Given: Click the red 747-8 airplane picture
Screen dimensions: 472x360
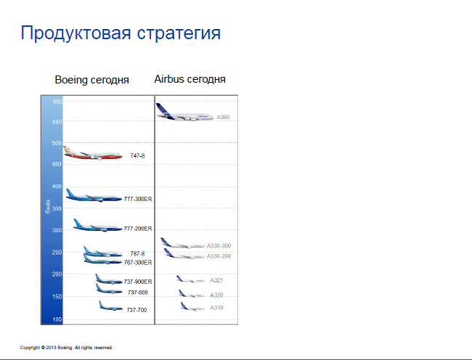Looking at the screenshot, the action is coord(93,153).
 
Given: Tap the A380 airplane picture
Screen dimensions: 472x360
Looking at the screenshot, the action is coord(185,112).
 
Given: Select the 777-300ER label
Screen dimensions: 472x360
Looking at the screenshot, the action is coord(138,199).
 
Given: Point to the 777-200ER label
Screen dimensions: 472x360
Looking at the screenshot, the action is coord(138,229).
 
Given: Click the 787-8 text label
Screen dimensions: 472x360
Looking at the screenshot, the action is coord(137,253).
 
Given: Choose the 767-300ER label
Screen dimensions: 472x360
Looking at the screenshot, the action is coord(138,263).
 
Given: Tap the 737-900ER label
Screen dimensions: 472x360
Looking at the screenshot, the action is coord(138,282).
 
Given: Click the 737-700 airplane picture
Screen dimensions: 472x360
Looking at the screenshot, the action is coord(111,306).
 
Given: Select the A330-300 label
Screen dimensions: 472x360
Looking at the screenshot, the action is coord(219,246).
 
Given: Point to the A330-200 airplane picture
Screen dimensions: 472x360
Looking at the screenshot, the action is coord(184,254).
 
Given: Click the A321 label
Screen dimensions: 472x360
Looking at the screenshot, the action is coord(216,280).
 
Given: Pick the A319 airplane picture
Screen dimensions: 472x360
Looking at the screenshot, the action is coord(193,306).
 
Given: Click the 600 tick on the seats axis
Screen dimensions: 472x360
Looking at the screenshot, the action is coord(58,102).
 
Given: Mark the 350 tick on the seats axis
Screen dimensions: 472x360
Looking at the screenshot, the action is coord(57,208).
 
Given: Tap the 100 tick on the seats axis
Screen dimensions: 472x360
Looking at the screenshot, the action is coord(57,319).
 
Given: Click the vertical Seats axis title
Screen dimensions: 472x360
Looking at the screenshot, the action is coord(47,207).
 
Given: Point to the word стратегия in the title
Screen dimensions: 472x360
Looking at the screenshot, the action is coord(179,33).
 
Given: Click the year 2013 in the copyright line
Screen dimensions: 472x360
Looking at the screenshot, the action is coord(51,348).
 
